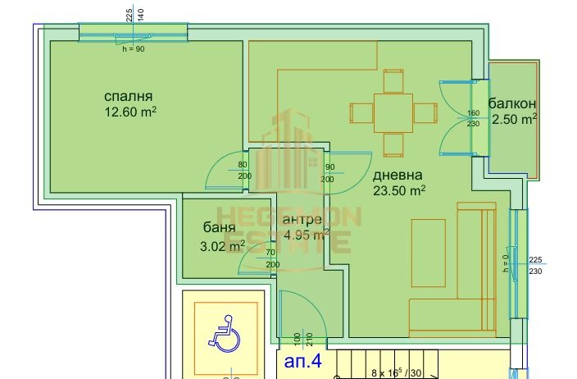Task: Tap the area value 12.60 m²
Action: tap(129, 112)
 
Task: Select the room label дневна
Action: tap(398, 175)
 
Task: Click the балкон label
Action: tap(512, 103)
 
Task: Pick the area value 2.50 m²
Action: tap(514, 120)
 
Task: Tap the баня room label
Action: tap(220, 227)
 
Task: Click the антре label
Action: tap(302, 221)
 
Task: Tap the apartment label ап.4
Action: tap(304, 359)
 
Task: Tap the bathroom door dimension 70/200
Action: tap(271, 259)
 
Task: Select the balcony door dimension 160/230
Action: tap(473, 118)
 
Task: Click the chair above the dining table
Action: tap(393, 80)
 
